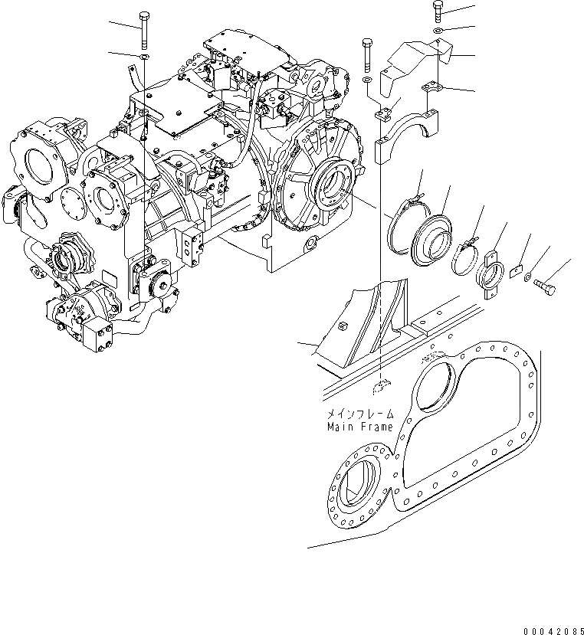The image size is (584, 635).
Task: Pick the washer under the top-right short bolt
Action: [x=437, y=31]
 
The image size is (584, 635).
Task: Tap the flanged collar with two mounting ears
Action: [x=489, y=269]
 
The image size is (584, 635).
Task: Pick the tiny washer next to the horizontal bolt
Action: [x=530, y=277]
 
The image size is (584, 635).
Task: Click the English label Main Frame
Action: [x=359, y=427]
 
